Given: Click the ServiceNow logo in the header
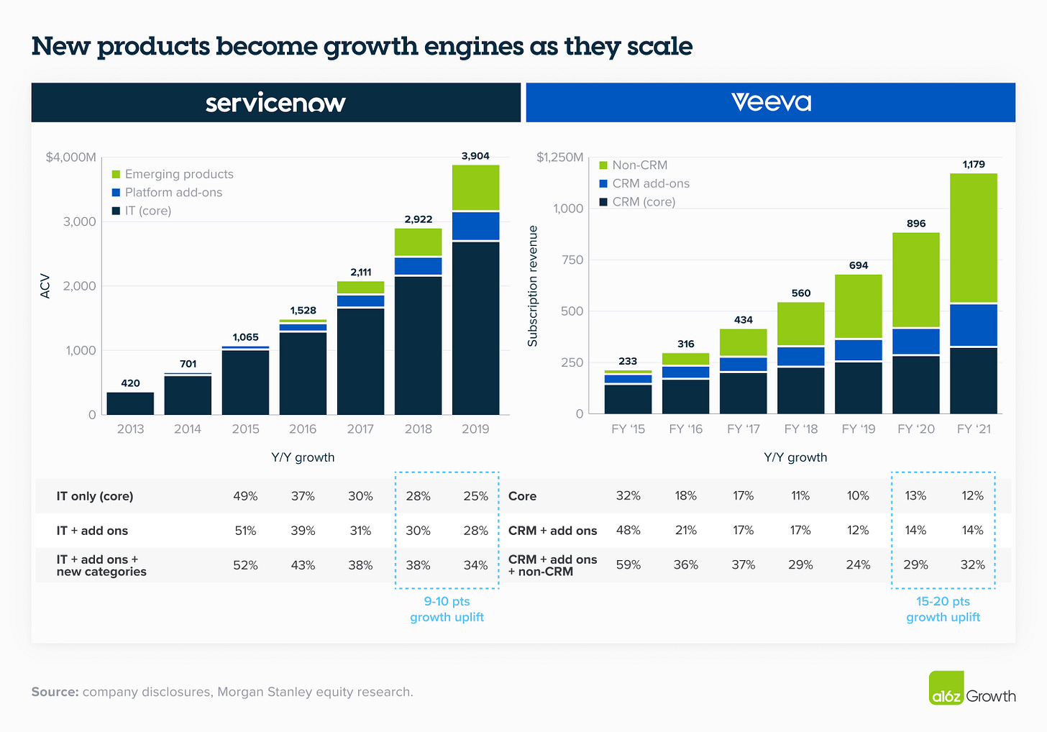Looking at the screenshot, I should [275, 103].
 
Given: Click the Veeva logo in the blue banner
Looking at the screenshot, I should [771, 102].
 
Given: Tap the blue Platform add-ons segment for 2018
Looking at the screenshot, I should [418, 266].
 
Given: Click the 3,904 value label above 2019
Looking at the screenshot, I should [475, 155].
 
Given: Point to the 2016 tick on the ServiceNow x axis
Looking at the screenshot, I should [303, 429].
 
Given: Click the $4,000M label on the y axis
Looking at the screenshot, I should [70, 157].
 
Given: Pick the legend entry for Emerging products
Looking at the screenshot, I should [173, 174].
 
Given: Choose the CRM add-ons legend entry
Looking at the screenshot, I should [644, 183].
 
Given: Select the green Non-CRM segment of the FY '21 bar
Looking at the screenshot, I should [973, 237].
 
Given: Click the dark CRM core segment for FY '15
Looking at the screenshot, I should [628, 399].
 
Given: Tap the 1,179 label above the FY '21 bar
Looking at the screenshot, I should [974, 164].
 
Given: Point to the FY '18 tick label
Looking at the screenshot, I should [801, 429].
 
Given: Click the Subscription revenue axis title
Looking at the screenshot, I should [533, 286].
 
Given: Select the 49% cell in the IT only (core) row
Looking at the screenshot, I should [245, 496].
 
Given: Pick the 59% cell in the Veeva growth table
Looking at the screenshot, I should [628, 565].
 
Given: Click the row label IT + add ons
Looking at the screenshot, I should [92, 531].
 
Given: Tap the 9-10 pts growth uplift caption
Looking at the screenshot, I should [447, 609].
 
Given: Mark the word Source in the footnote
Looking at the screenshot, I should [55, 692].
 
